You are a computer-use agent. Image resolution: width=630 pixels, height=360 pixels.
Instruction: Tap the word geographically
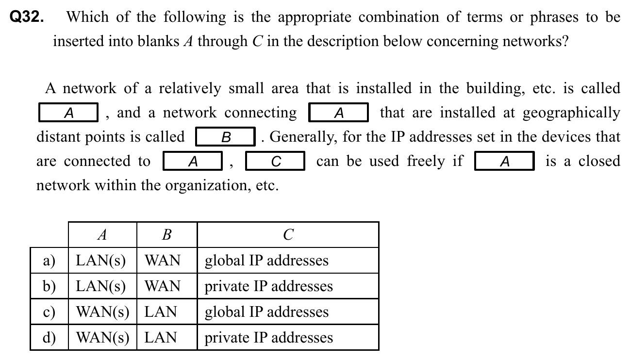pyautogui.click(x=571, y=113)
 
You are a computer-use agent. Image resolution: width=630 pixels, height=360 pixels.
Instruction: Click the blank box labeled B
pyautogui.click(x=226, y=137)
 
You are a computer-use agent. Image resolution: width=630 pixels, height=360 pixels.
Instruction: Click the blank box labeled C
pyautogui.click(x=275, y=162)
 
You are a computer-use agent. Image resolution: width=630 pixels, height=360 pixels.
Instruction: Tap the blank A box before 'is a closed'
pyautogui.click(x=504, y=162)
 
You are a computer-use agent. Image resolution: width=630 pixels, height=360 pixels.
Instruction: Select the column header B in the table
pyautogui.click(x=166, y=235)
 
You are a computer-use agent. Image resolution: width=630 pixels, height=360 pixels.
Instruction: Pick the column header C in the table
pyautogui.click(x=287, y=235)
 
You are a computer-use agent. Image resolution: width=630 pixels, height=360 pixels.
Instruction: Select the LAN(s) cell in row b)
pyautogui.click(x=101, y=286)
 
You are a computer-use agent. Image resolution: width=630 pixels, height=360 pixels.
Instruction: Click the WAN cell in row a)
pyautogui.click(x=163, y=261)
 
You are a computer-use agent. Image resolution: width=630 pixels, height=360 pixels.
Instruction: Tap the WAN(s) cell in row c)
pyautogui.click(x=103, y=312)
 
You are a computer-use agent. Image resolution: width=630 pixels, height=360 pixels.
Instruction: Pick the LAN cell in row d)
pyautogui.click(x=161, y=338)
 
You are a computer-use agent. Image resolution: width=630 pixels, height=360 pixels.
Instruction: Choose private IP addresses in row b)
pyautogui.click(x=268, y=286)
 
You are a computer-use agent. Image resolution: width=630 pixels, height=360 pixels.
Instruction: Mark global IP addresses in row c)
pyautogui.click(x=266, y=312)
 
